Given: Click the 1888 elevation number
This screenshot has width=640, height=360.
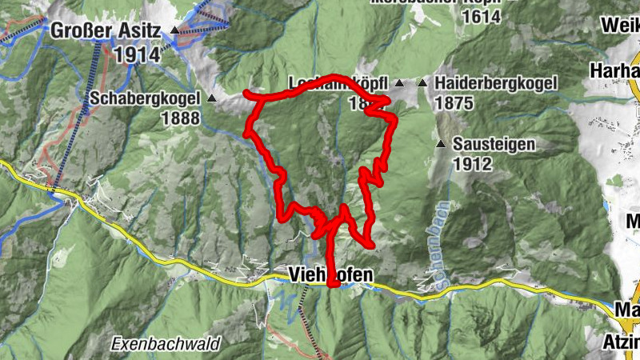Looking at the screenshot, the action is (x=179, y=117).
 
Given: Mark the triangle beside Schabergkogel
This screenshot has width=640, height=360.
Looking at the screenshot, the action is (x=212, y=98).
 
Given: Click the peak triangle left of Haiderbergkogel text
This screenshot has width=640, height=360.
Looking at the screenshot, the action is (x=422, y=83).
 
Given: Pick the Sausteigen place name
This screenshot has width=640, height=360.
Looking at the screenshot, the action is (x=493, y=145).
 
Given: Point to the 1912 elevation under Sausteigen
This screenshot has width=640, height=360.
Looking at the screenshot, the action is (x=471, y=164).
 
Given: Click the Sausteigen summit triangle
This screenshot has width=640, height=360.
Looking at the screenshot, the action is (x=440, y=145).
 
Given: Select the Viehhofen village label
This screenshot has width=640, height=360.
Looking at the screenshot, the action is (x=329, y=275).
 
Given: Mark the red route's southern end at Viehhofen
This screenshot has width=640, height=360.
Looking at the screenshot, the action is (x=333, y=282).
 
